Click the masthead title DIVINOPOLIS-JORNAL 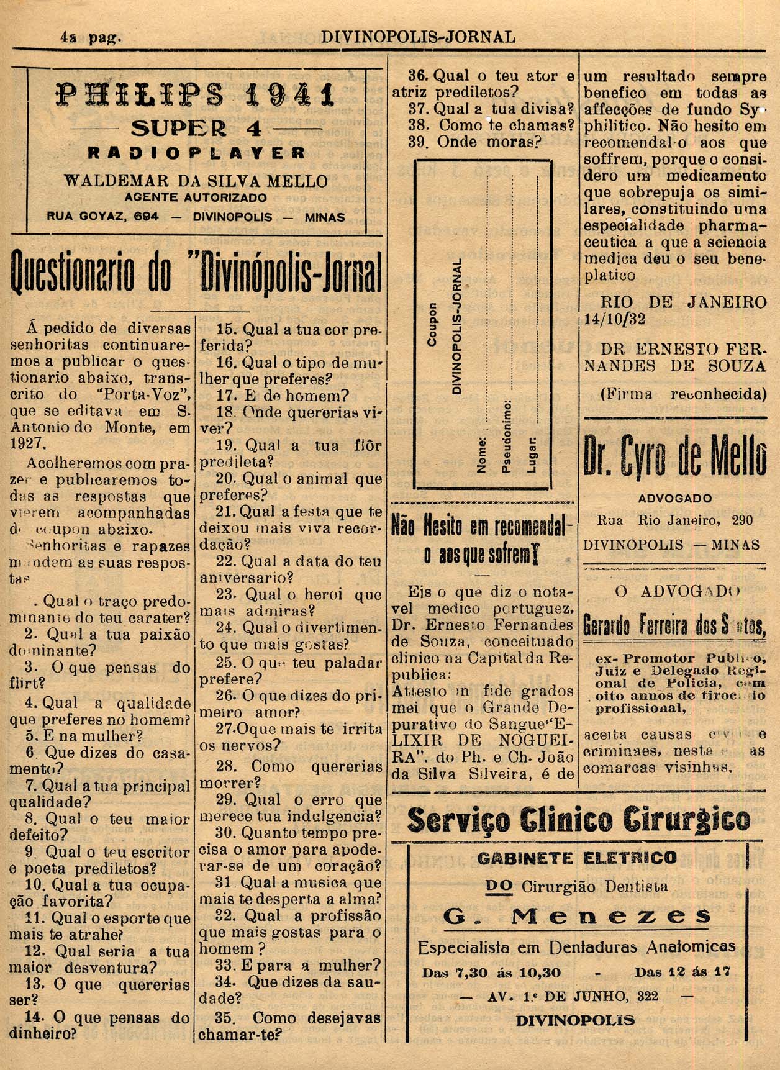click(418, 37)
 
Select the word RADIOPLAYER click(196, 153)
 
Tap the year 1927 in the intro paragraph click(28, 443)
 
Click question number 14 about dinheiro click(35, 1018)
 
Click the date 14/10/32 click(615, 319)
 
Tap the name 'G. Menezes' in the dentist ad click(578, 915)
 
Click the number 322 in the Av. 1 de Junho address click(648, 996)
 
